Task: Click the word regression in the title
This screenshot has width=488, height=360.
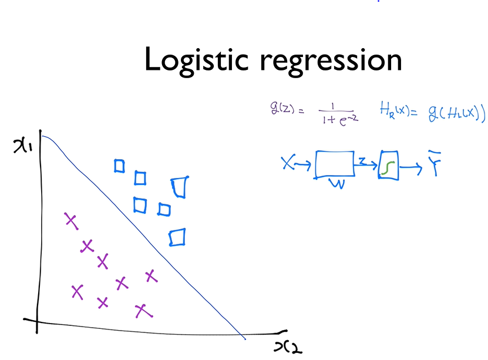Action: (335, 62)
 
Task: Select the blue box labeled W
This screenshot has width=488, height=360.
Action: (335, 164)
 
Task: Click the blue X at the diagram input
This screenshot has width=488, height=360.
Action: (288, 164)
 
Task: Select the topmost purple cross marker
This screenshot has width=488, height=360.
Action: (70, 221)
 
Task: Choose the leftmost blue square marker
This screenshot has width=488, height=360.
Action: (119, 166)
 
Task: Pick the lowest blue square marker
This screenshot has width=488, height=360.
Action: (177, 237)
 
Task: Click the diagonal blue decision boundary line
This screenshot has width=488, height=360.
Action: (147, 235)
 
